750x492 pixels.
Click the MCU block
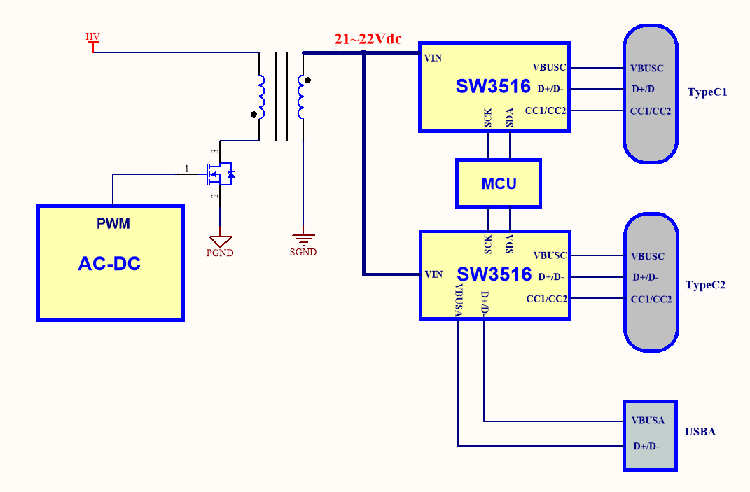click(499, 184)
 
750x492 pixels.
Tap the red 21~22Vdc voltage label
click(368, 39)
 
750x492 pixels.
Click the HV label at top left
click(92, 36)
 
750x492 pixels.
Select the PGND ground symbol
click(220, 242)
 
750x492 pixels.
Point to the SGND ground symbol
click(303, 240)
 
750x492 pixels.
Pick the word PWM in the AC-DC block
click(113, 224)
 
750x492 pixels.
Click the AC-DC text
click(109, 264)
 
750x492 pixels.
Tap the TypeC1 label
click(707, 92)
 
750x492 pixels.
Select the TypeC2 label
click(705, 285)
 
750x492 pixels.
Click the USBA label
click(700, 432)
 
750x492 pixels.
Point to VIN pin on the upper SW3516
click(433, 57)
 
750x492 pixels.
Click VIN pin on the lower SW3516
click(433, 274)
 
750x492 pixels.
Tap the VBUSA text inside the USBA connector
click(648, 421)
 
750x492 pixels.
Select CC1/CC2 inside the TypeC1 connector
click(651, 111)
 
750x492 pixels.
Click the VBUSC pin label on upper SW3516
click(549, 68)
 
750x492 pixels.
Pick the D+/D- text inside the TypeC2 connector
click(645, 277)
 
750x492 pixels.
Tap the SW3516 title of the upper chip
click(493, 86)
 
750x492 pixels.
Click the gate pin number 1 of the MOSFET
click(186, 169)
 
